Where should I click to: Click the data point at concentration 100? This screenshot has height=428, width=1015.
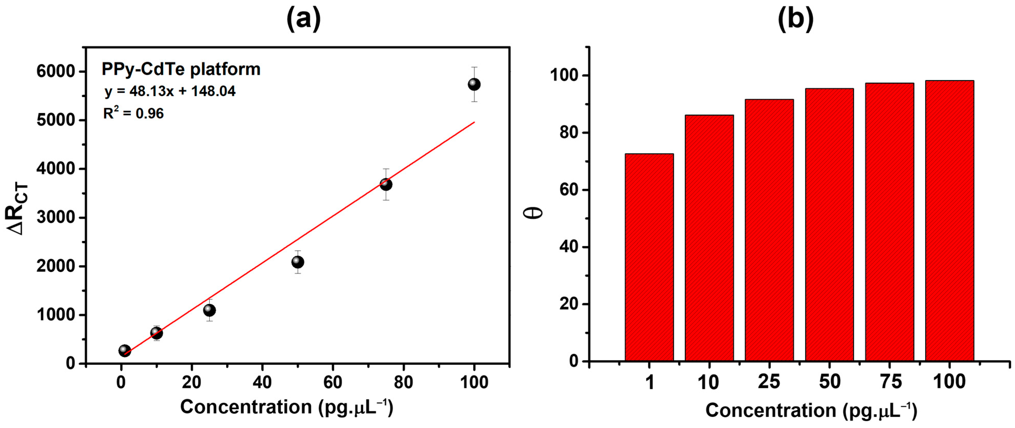click(474, 84)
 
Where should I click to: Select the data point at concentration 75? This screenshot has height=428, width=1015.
click(386, 184)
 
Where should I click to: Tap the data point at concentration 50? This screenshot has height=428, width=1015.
click(297, 262)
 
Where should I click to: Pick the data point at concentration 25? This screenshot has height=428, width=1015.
click(209, 311)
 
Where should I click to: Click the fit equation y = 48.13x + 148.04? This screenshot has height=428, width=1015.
click(170, 91)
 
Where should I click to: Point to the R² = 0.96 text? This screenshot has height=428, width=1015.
click(133, 114)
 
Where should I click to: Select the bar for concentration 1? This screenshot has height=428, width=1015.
click(649, 257)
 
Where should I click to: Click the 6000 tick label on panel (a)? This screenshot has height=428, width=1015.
click(56, 71)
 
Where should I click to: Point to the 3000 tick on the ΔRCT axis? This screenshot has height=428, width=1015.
click(56, 217)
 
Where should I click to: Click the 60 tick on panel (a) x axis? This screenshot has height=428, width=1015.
click(333, 382)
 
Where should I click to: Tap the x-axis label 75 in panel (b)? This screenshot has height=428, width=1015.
click(890, 381)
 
